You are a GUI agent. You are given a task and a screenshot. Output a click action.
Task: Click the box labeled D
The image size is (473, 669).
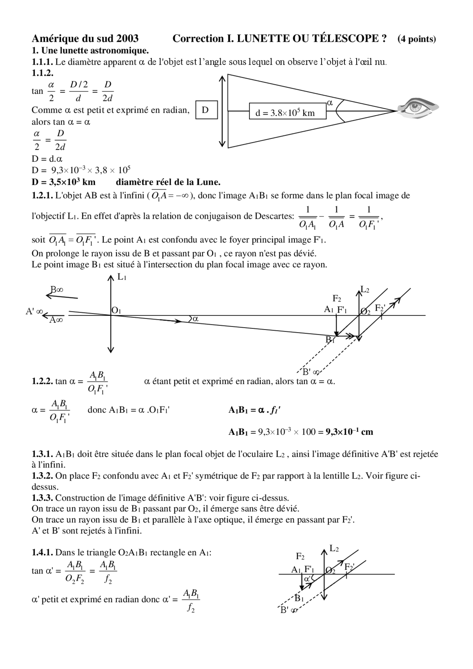[x=205, y=110]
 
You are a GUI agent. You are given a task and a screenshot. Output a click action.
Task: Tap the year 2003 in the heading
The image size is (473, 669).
[x=127, y=38]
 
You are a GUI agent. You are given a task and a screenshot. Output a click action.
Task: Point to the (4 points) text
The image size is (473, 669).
[x=416, y=39]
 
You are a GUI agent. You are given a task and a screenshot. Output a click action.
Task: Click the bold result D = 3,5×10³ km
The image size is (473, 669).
[x=64, y=182]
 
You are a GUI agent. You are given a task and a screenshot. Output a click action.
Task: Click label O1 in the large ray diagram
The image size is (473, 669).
[x=116, y=310]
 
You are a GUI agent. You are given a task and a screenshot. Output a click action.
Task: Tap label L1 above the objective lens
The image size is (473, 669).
[x=122, y=277]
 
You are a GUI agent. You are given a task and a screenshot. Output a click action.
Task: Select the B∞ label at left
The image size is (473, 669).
[x=57, y=290]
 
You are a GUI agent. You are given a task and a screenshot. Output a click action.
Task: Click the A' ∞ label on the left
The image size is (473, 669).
[x=34, y=311]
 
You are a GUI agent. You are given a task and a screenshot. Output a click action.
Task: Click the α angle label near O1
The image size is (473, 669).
[x=195, y=319]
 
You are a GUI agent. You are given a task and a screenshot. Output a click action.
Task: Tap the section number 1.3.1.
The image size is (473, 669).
[x=42, y=454]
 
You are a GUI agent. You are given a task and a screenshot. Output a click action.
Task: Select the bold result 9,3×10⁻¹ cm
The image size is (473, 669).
[x=349, y=431]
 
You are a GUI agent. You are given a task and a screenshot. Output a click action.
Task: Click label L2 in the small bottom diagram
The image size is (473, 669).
[x=334, y=549]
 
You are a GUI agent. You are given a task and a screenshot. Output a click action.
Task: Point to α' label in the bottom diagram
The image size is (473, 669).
[x=307, y=579]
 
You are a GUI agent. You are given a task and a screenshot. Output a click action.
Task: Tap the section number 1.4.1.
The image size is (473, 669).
[x=42, y=553]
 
